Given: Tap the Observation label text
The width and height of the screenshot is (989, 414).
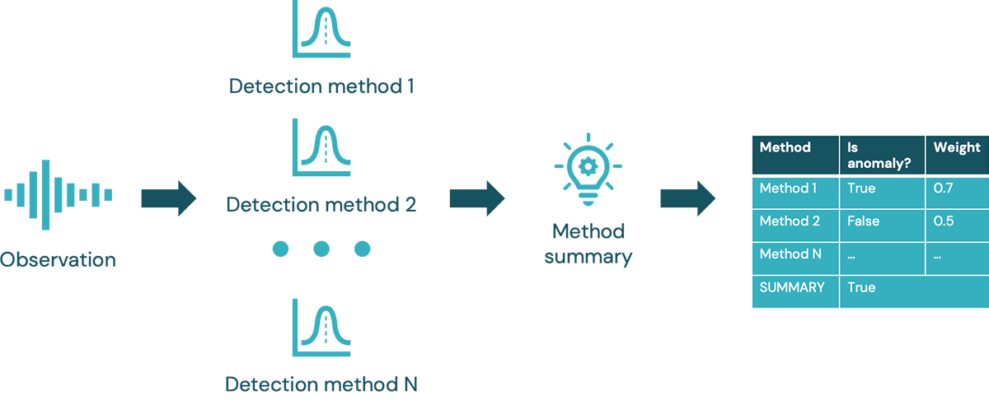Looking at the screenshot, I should (58, 260).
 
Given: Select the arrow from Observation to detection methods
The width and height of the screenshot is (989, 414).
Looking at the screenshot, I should (169, 198).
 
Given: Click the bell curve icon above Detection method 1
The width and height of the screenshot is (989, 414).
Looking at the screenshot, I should (321, 30).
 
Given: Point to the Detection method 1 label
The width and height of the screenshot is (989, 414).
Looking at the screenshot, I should (321, 86).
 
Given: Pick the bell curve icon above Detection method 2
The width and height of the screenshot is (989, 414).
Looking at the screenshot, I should (321, 148).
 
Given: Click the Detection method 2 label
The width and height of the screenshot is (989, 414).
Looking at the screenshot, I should (321, 204).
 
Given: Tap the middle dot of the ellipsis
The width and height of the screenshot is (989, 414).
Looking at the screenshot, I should (321, 249).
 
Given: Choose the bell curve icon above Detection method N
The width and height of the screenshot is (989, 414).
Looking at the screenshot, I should (321, 328).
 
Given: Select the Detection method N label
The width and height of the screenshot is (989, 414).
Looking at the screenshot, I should (321, 384).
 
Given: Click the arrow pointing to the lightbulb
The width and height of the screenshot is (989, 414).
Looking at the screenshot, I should (476, 198).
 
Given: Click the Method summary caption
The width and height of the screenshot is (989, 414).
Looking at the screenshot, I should (588, 244).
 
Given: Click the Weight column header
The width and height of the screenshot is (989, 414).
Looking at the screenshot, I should (956, 148).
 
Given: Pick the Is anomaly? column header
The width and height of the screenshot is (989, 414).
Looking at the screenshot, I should (878, 156).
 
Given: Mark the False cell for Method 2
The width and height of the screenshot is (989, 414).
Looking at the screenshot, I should (863, 221).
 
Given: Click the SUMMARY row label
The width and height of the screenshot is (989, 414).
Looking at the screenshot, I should (792, 287).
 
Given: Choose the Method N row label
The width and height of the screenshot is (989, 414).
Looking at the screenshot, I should (790, 254).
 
